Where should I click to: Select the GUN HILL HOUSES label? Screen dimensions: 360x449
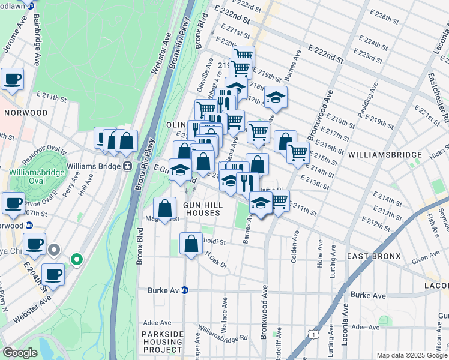point(203,209)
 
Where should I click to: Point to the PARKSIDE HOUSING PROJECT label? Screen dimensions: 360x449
point(162,341)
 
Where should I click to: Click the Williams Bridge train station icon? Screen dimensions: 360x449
point(127,166)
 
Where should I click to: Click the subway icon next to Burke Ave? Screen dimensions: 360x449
point(185,290)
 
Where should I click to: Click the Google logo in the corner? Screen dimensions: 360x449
point(20,353)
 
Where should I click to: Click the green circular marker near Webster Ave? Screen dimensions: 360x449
point(76,259)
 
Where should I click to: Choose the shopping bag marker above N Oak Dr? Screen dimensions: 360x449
point(191,244)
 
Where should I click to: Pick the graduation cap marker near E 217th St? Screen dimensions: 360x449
point(275,97)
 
